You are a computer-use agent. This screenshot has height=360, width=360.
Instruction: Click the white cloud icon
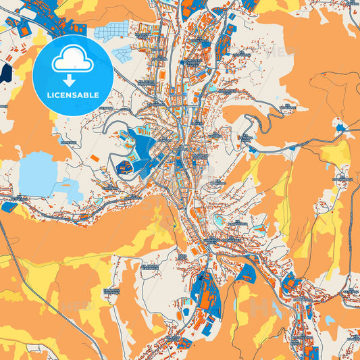(x=72, y=61)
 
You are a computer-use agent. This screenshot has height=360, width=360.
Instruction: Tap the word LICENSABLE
(x=72, y=95)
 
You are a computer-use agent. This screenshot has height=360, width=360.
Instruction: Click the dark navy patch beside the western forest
(x=6, y=73)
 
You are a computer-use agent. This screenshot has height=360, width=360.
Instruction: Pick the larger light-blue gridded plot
(x=112, y=30)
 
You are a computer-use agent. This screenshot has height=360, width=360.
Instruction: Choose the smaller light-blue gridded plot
(x=122, y=55)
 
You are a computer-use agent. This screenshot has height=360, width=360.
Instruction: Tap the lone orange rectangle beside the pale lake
(x=94, y=158)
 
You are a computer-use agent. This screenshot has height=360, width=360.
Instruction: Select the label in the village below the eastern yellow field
(x=342, y=180)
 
